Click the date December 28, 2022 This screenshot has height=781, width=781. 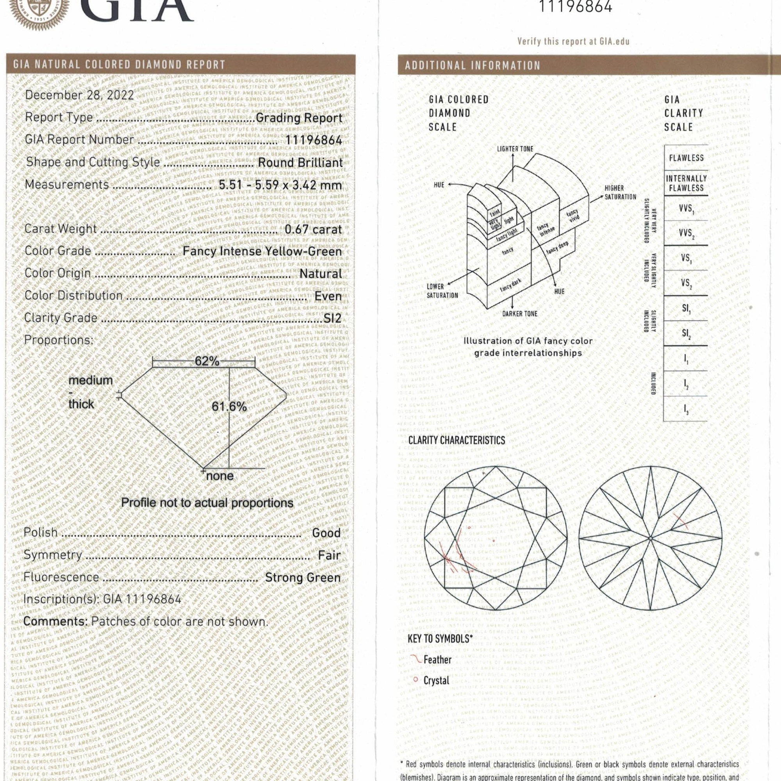pos(79,95)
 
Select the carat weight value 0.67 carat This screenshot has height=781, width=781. pos(313,230)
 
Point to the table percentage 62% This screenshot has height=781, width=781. pos(207,361)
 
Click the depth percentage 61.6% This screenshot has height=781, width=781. pos(229,406)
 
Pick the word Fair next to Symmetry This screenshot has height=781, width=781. pos(329,555)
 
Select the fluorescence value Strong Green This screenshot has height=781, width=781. pos(303,577)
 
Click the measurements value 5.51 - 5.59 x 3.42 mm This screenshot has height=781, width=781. pos(280,185)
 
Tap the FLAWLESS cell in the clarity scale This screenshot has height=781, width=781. pos(686,158)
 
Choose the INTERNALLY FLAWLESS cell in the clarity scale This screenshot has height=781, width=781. pos(686,183)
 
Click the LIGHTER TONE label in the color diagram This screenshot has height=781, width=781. pos(515,149)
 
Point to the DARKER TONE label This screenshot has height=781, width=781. pos(519,314)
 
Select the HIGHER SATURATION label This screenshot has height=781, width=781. pos(620,193)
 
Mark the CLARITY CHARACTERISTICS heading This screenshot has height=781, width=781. pos(456,440)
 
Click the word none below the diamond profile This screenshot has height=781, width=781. pos(219,476)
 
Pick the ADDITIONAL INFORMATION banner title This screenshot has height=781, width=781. pos(472,66)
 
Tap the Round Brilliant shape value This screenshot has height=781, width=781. pos(300,162)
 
